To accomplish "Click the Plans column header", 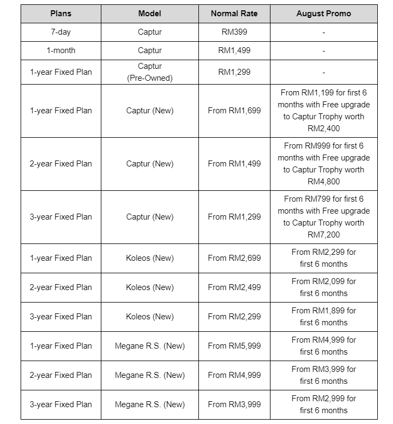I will tap(61, 14).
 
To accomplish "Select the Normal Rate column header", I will tap(234, 14).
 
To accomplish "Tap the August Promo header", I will tap(324, 14).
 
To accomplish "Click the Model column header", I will tap(150, 14).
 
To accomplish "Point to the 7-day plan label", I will tap(61, 32).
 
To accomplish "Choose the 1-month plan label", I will tap(61, 50).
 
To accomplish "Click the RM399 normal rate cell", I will tap(234, 32).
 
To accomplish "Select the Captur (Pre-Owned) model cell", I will tap(150, 72).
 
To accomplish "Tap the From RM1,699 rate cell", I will tap(234, 111).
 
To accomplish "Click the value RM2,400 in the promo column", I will tap(324, 129).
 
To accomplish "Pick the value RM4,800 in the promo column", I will tap(324, 182).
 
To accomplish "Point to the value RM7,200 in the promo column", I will tap(324, 235).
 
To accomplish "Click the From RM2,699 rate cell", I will tap(234, 258).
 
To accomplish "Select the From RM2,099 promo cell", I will tap(324, 287).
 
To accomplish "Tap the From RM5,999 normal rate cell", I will tap(234, 346).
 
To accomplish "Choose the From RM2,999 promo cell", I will tap(324, 404).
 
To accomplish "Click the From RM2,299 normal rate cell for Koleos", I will tap(234, 317).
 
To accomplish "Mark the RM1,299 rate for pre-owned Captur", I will tap(234, 72).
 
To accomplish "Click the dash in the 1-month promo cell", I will tap(324, 50).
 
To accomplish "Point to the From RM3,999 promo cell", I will tap(324, 375).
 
